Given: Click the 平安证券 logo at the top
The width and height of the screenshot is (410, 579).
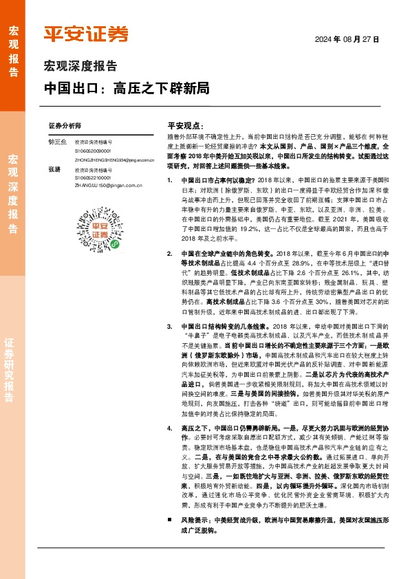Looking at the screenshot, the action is tap(86, 34).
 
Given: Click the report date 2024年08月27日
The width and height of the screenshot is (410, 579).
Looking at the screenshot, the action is tap(347, 39).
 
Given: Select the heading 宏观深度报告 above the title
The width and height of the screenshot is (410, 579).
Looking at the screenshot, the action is tap(80, 67).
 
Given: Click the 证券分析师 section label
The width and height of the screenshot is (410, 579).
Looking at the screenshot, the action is tap(65, 127).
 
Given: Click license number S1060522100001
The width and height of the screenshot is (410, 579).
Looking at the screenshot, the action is tap(93, 177).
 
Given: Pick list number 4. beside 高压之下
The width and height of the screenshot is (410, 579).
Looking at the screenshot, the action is tap(171, 466).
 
